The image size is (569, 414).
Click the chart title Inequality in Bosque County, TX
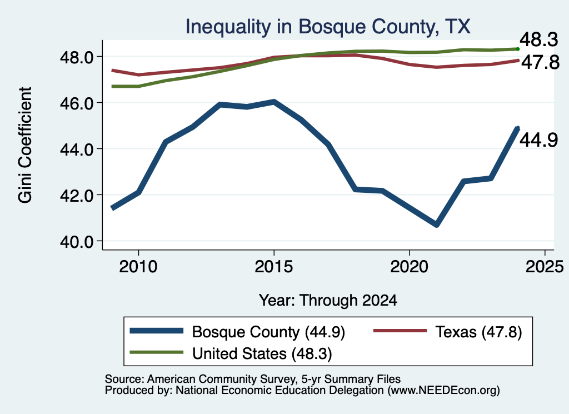coord(328,27)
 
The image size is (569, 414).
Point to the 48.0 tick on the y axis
coord(77,57)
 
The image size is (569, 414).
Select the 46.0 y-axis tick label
coord(77,103)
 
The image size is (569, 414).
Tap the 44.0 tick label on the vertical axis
coord(77,149)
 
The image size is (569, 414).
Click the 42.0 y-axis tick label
coord(77,195)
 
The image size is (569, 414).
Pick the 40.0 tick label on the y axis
coord(77,241)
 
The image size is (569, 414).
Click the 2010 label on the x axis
coord(138,267)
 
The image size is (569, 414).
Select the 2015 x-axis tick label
coord(273,267)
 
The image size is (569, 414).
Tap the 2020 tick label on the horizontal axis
coord(410,267)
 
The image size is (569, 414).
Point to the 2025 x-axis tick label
coord(545,267)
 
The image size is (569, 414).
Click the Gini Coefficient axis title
coord(25,145)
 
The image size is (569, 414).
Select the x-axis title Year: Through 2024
coord(328,301)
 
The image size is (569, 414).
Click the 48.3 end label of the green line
coord(538,39)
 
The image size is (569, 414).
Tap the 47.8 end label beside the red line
coord(540,62)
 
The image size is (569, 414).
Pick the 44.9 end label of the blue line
coord(538,139)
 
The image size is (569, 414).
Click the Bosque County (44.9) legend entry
coord(237,332)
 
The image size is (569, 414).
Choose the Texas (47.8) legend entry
coord(448,332)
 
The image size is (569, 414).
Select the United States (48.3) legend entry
coord(231,353)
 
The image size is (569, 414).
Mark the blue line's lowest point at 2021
coord(437,225)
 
